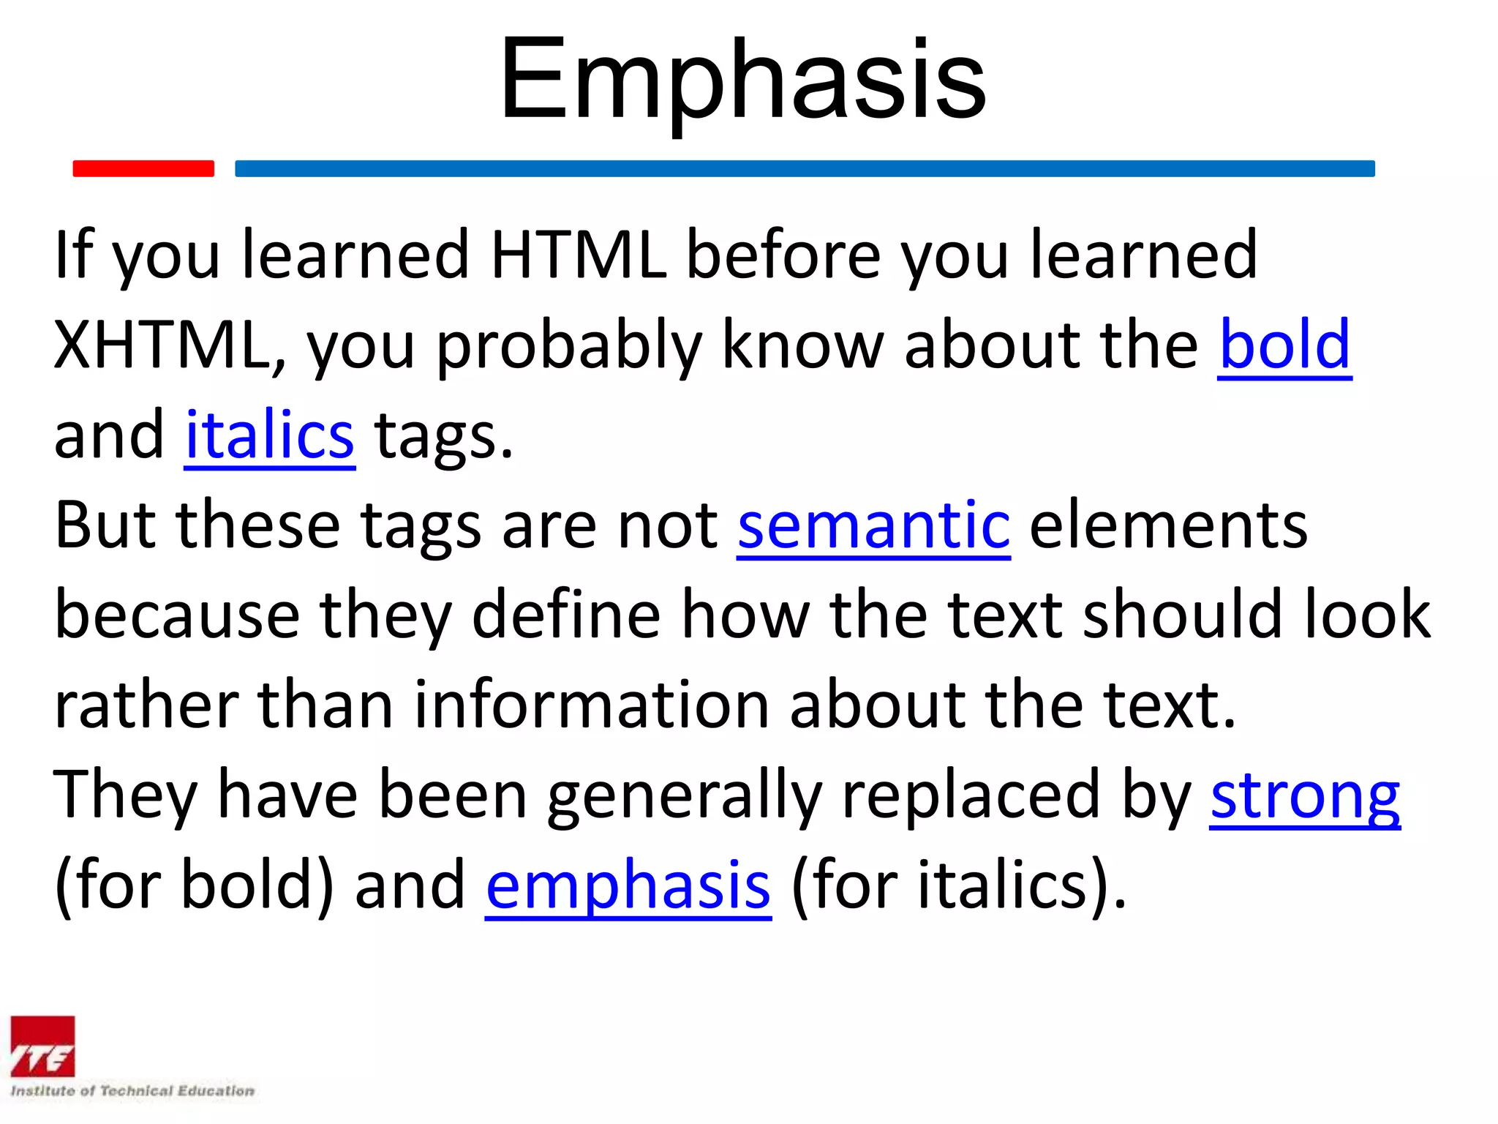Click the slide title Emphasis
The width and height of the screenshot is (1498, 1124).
[x=742, y=79]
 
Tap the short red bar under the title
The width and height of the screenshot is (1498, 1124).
[x=143, y=168]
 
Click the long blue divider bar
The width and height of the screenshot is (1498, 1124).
[x=805, y=168]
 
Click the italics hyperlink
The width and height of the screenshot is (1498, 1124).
[x=269, y=435]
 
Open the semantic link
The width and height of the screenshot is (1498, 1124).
[x=873, y=525]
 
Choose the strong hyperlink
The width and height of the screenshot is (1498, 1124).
[x=1305, y=795]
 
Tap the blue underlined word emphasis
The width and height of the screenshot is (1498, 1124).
[x=628, y=885]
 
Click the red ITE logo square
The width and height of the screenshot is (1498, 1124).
[x=42, y=1046]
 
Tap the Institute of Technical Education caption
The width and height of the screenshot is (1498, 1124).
[x=132, y=1091]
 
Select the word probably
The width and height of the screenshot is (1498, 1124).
[x=569, y=346]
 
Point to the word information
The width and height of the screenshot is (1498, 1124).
[x=591, y=705]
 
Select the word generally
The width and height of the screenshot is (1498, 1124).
[x=685, y=797]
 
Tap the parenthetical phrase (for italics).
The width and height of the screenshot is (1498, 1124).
[x=958, y=885]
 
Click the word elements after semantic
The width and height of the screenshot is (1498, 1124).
[x=1168, y=525]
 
